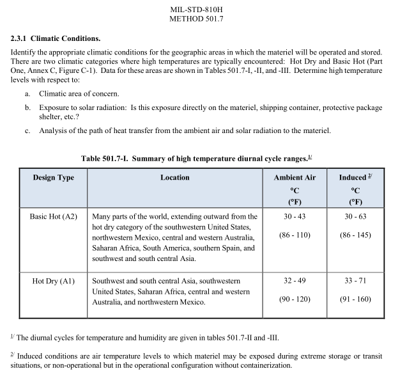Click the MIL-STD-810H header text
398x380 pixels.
click(198, 10)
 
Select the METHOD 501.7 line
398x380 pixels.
click(198, 19)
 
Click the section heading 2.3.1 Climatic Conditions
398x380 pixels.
click(56, 40)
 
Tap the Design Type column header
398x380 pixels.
click(53, 178)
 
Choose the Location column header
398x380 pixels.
click(174, 178)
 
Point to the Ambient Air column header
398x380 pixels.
click(295, 178)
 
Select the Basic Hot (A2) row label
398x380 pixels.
click(53, 217)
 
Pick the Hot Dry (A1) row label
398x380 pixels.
click(53, 281)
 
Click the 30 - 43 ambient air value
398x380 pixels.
click(295, 217)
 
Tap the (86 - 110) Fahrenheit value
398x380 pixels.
click(295, 235)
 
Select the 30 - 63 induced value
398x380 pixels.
click(355, 217)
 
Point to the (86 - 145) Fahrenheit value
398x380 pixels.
click(355, 235)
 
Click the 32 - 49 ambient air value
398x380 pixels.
click(295, 281)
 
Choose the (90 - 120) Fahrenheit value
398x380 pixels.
click(295, 299)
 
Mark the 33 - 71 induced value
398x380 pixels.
click(355, 281)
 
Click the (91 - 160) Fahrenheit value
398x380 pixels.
click(355, 299)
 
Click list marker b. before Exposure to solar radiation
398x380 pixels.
click(28, 108)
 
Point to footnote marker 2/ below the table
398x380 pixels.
click(12, 354)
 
